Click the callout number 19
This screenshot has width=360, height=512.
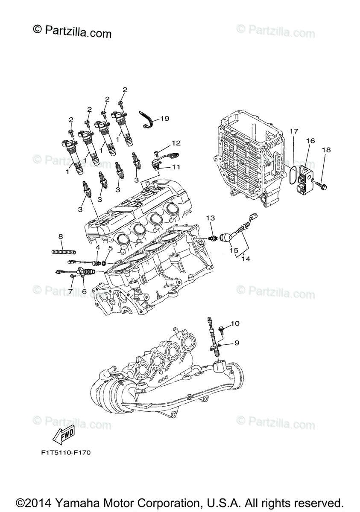pos(165,118)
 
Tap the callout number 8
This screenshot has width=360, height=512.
pos(61,236)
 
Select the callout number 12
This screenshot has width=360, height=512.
pos(176,143)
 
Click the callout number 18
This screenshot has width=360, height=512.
pos(326,150)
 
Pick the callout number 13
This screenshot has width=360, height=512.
pos(210,218)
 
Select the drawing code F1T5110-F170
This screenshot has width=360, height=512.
pos(64,451)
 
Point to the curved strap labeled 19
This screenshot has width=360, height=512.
pos(148,120)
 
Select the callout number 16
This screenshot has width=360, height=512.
pos(310,140)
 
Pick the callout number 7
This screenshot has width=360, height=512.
pos(71,291)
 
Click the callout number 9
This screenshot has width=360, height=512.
pos(236,342)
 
